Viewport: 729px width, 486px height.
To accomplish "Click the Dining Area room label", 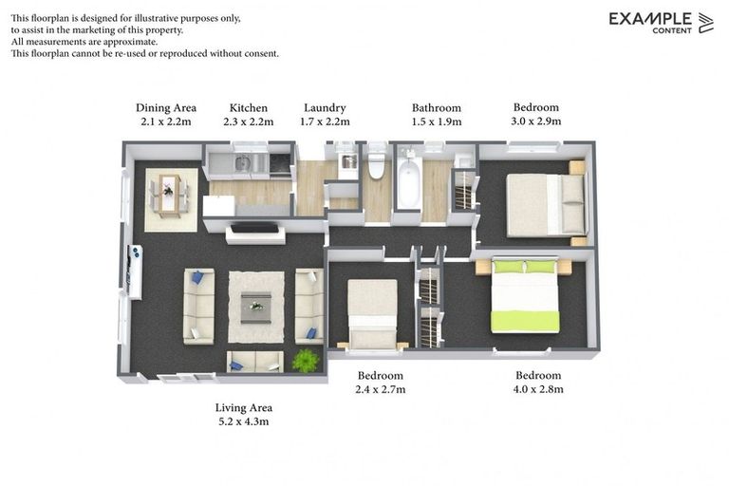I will [166, 107].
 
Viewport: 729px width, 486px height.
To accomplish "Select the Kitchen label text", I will [249, 107].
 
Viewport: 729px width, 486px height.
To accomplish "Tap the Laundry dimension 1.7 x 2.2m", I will [325, 121].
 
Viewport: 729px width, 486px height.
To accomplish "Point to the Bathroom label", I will [436, 107].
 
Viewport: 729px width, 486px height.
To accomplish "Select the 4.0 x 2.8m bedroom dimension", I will [538, 389].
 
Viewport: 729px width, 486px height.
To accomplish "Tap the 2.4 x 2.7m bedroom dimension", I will [380, 389].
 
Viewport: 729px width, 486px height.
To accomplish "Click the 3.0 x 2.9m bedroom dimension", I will [536, 121].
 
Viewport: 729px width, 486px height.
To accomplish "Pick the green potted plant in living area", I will [306, 361].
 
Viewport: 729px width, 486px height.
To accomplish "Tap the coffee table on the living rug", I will [255, 307].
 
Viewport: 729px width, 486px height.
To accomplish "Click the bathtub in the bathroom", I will [408, 185].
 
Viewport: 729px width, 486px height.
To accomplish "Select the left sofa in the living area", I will [198, 306].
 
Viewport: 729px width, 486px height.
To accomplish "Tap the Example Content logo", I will [661, 23].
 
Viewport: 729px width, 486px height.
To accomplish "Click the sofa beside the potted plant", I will [255, 362].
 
